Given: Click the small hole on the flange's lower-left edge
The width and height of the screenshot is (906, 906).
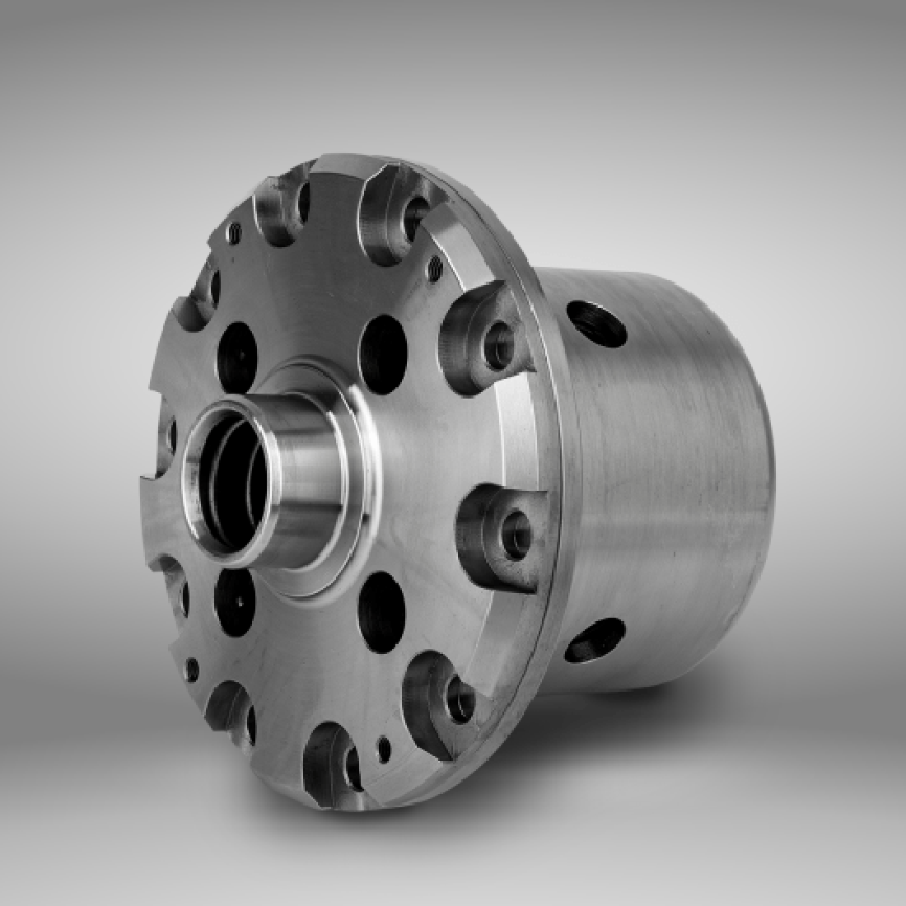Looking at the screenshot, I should [x=192, y=667].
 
